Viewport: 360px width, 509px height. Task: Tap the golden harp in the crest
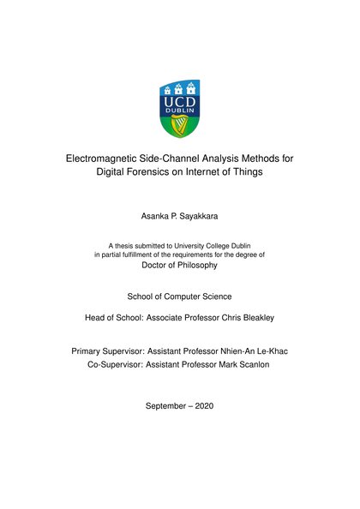180,126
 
